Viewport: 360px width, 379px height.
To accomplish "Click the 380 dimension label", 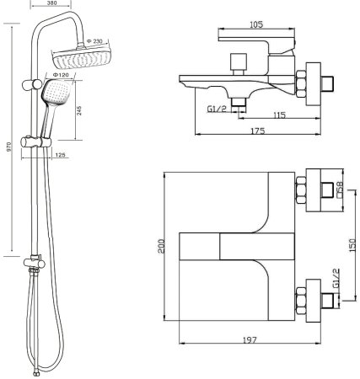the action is tap(51, 3).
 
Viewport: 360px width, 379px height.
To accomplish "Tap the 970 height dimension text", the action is tap(8, 147).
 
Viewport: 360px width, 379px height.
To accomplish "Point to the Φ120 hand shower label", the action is tap(61, 75).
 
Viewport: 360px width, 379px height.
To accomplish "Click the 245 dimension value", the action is tap(79, 110).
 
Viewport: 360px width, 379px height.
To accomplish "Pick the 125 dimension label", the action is tap(61, 155).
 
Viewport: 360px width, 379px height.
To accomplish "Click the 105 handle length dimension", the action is tap(256, 24).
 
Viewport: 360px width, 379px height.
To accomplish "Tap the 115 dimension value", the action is tap(279, 115).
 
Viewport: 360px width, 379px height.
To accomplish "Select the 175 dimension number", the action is tap(258, 131).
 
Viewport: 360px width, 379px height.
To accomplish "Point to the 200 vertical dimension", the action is tap(161, 246).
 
